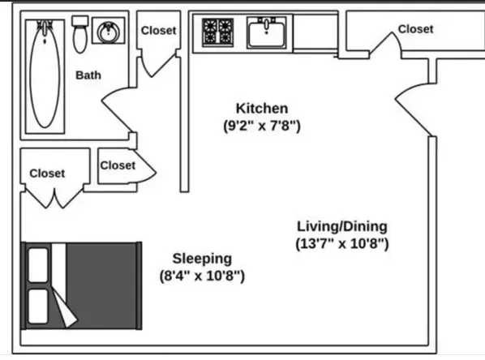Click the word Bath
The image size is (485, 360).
tap(88, 75)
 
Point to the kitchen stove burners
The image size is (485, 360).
tap(217, 32)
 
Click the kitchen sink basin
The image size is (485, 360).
tap(267, 34)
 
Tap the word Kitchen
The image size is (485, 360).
tap(261, 108)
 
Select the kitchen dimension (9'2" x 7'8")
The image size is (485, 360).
tap(261, 126)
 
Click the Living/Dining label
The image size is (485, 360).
tap(341, 226)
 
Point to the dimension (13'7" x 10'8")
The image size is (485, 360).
tap(341, 243)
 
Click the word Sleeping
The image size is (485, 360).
tap(201, 259)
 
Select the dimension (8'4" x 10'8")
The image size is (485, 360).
tap(201, 276)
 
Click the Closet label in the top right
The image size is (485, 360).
tap(415, 29)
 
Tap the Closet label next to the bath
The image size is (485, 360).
tap(158, 31)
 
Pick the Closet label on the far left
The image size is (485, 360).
tap(47, 173)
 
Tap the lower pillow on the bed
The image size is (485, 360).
tap(39, 306)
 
